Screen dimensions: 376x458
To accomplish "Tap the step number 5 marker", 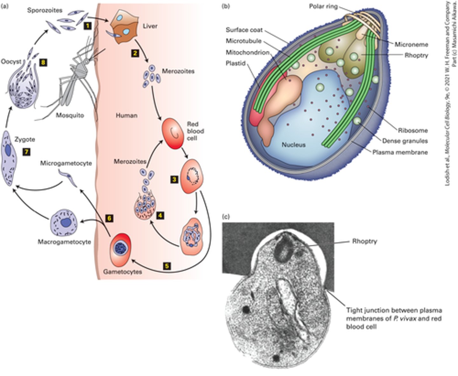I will click(167, 265).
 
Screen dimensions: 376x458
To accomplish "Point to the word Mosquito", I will click(70, 115).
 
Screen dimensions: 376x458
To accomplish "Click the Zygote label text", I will click(25, 140).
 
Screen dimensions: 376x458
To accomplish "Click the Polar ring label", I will click(323, 6).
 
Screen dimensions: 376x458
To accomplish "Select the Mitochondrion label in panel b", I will click(248, 52).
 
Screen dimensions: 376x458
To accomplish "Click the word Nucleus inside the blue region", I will click(294, 145).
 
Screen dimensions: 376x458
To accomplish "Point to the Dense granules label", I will click(405, 141).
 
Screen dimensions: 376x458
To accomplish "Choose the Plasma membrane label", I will click(400, 152).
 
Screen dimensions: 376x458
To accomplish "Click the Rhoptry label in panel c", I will click(365, 241).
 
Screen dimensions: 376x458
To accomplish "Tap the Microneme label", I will click(411, 45).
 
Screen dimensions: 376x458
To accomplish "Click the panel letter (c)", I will click(226, 217).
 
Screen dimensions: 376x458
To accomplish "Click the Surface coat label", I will click(244, 30).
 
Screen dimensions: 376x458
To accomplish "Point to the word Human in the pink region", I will click(126, 115).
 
